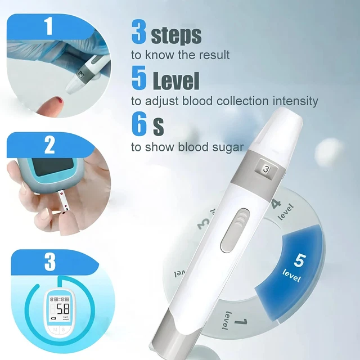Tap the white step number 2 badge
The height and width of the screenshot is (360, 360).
pyautogui.click(x=49, y=146)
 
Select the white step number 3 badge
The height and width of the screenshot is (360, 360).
pyautogui.click(x=50, y=262)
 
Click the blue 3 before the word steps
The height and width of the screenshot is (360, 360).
pyautogui.click(x=139, y=33)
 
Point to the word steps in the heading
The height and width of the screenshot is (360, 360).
pyautogui.click(x=176, y=35)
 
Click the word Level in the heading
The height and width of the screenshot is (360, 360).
pyautogui.click(x=176, y=80)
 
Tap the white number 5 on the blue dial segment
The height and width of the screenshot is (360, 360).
pyautogui.click(x=299, y=260)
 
